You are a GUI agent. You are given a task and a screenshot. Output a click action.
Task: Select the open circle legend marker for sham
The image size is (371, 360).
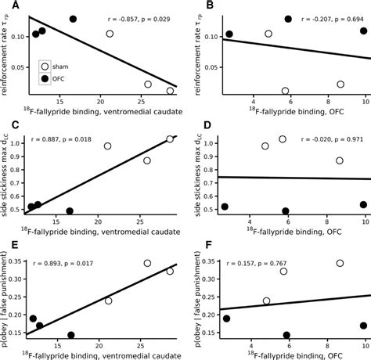coord(45,67)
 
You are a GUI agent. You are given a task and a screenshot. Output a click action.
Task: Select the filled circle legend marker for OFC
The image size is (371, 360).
coord(45,79)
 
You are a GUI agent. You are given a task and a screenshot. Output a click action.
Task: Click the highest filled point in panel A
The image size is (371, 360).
coord(74,19)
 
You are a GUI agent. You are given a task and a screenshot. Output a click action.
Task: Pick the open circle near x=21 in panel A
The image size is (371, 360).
coord(110,34)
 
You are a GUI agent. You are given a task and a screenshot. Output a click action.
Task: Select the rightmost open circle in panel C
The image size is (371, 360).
coord(170,139)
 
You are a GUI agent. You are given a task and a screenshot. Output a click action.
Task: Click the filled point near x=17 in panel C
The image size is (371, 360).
coord(70,211)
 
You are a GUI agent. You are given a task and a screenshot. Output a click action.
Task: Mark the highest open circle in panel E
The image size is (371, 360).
coord(147,263)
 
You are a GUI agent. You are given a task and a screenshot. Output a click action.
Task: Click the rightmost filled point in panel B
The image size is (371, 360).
coord(364,31)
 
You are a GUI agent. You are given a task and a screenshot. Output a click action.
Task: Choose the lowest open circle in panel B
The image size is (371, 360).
coord(285,92)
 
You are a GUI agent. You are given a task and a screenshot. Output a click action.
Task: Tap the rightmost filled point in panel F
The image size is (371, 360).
coord(363,326)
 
